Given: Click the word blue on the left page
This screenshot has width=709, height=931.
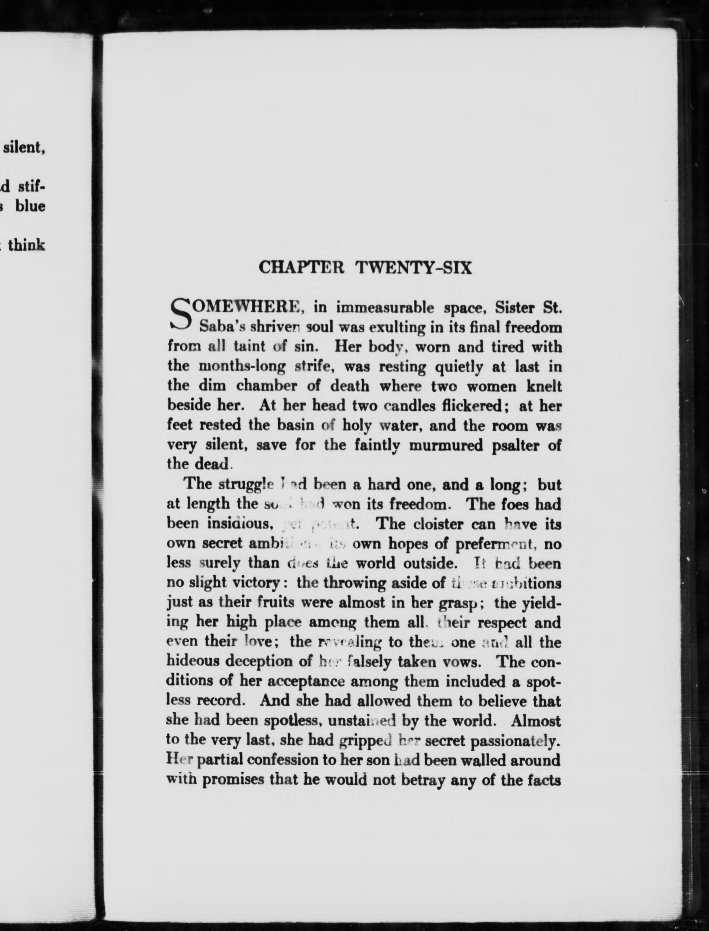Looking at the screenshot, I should [30, 206].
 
